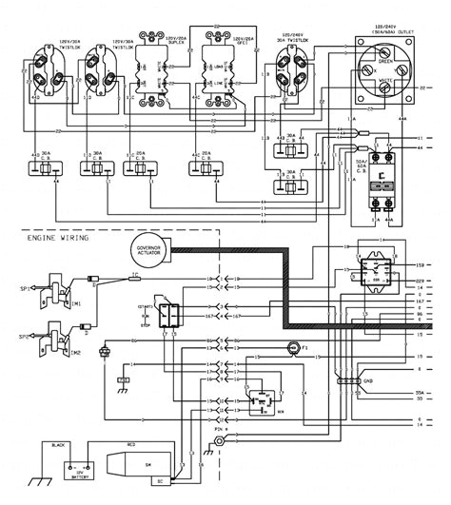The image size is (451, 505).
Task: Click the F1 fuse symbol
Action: point(294,348)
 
